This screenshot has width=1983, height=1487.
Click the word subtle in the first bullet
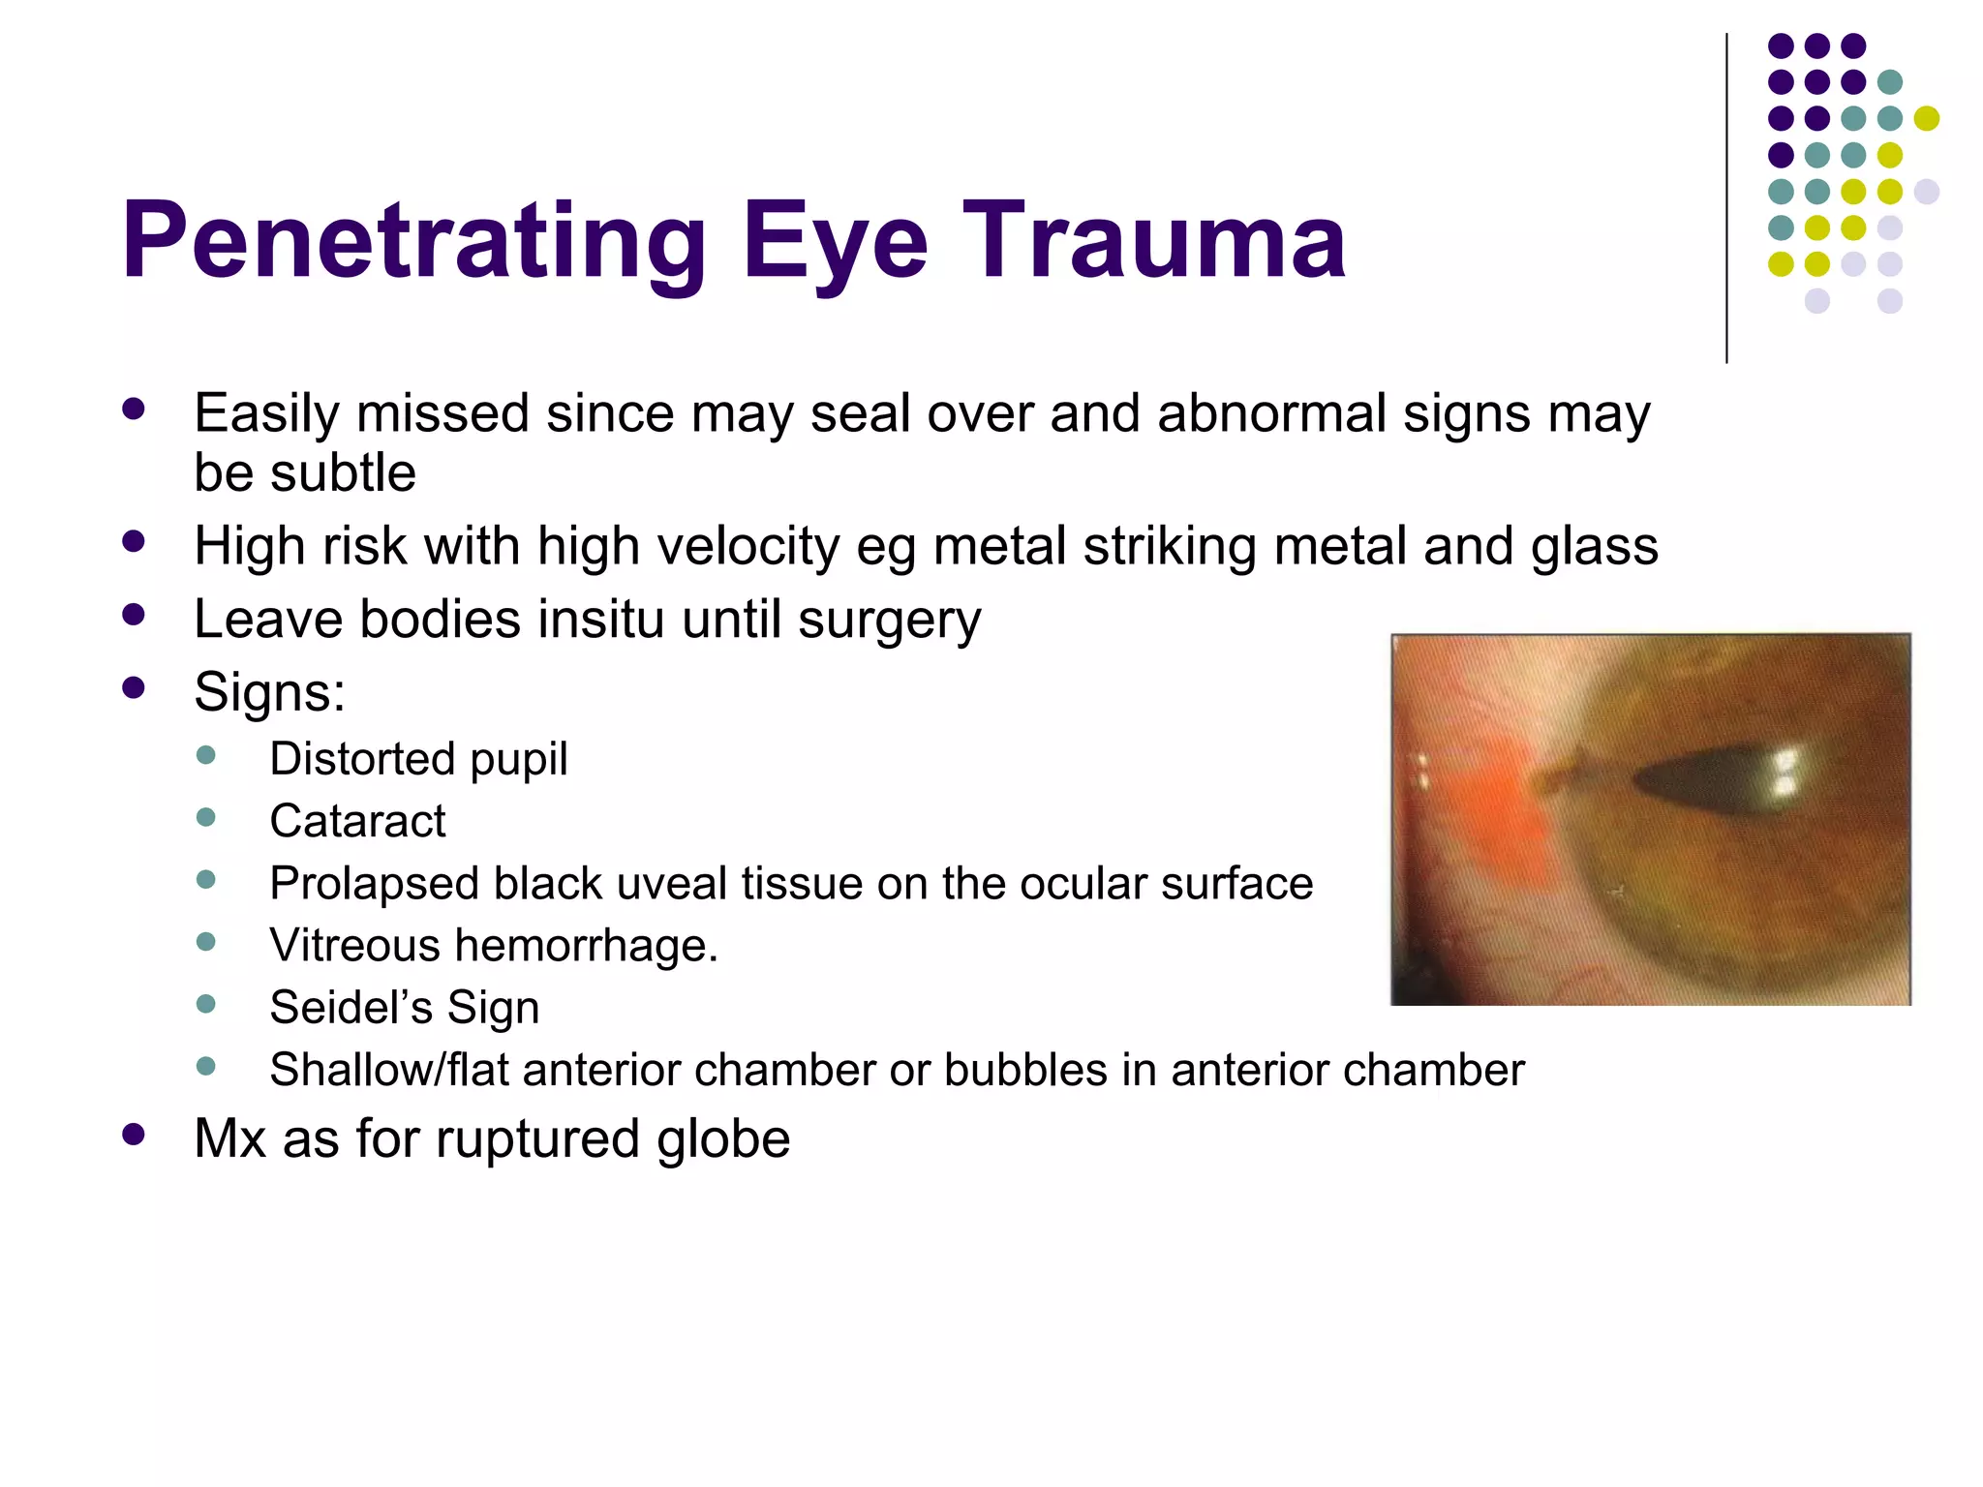pos(343,473)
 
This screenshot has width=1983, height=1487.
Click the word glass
pos(1594,546)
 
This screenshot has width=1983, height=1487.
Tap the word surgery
pos(889,622)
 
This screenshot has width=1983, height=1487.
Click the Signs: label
pos(269,692)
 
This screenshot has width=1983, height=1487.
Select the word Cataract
pos(357,821)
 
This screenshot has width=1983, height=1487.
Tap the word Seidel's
pos(351,1008)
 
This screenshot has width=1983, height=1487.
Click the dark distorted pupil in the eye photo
pos(1704,780)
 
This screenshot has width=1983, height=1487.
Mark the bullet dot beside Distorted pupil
pos(205,755)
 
